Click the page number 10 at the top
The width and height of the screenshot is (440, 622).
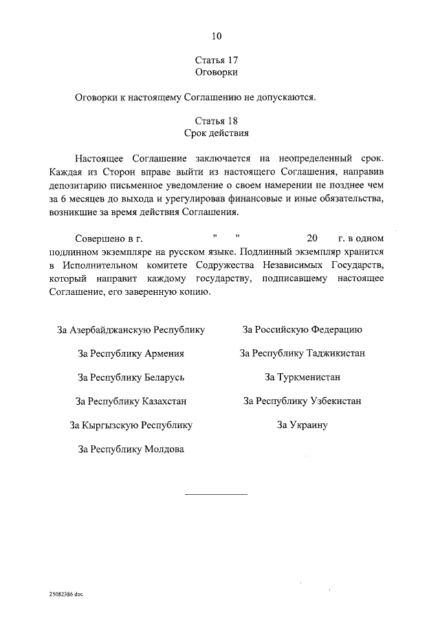217,35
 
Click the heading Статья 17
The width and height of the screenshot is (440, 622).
217,60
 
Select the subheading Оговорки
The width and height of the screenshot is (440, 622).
217,72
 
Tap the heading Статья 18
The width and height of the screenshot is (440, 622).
217,120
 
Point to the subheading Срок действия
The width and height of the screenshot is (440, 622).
217,132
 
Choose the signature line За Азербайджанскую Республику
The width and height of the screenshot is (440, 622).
131,330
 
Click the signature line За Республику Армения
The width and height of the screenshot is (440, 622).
131,354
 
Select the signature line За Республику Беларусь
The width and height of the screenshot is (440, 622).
131,377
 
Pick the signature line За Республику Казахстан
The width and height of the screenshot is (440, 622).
131,401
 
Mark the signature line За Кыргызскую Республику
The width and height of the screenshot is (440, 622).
131,425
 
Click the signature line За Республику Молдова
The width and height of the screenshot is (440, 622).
131,449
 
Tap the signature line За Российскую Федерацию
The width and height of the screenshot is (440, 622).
302,330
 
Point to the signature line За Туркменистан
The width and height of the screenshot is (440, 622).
302,377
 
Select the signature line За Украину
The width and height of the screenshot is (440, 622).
302,425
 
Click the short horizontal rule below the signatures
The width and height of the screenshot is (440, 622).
215,494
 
